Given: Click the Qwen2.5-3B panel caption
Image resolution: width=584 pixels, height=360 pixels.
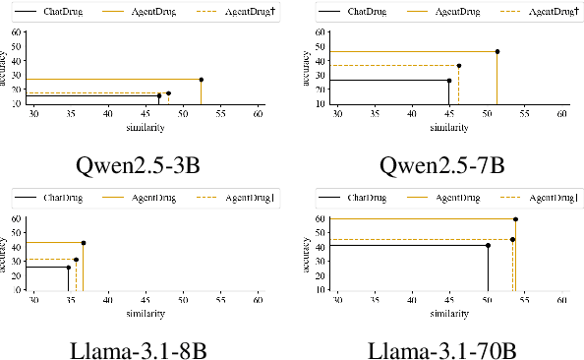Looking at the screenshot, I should pos(146,162).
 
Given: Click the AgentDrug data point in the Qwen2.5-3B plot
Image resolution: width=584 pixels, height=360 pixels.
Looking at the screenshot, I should pos(202,79).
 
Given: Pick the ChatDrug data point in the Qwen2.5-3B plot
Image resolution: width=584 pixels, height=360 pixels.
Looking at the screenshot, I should pos(159,96).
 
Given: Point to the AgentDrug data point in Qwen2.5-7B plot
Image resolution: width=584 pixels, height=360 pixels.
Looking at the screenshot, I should pos(497,51).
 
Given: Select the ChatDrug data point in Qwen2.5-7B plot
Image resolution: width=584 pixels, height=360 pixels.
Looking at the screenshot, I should pos(449,81).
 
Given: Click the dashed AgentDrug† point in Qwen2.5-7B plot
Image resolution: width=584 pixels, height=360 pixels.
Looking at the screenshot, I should pos(459,66).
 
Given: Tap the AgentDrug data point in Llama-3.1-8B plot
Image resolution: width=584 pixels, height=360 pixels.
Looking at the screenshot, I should pos(84,242).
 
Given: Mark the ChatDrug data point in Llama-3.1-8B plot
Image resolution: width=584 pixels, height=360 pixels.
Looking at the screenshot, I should pos(69,267).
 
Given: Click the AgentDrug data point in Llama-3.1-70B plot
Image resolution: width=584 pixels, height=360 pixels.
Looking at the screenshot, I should pos(515,219).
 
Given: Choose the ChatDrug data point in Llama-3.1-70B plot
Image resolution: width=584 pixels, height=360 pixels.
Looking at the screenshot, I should pos(488,245).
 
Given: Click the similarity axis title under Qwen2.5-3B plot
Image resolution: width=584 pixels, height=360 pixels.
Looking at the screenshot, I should pos(145,128).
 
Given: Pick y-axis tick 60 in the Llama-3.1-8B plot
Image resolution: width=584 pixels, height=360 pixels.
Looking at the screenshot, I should pos(17,218).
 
